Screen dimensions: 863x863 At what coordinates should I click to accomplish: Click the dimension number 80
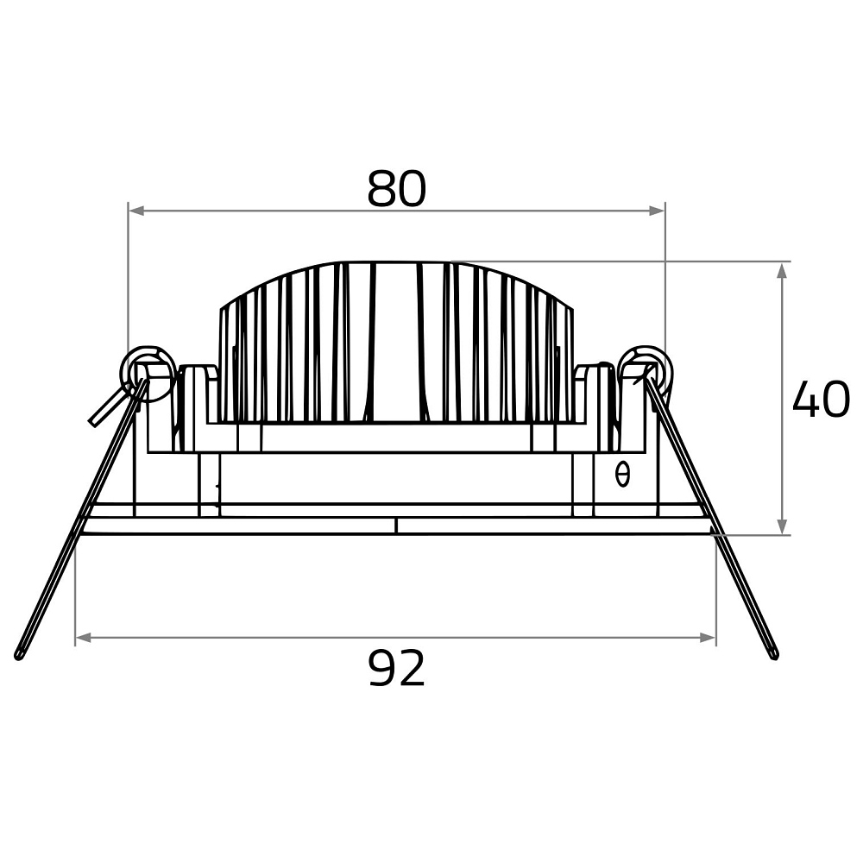point(396,189)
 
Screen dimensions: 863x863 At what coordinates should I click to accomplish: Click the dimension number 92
point(396,668)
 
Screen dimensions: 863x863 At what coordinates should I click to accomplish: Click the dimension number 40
point(822,398)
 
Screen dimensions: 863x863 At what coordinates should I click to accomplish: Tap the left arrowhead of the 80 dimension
point(136,211)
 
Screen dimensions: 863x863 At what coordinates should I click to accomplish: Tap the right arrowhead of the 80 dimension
point(657,211)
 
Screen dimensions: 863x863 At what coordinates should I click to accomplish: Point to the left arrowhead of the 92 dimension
point(83,638)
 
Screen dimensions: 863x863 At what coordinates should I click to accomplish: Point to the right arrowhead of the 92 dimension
point(708,638)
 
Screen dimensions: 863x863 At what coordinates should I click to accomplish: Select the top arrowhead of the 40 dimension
point(782,270)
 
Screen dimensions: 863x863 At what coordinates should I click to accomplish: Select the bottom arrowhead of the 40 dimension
point(782,526)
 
